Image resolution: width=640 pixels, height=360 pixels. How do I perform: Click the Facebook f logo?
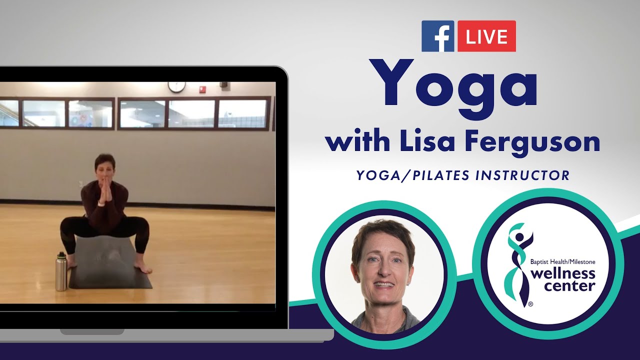click(438, 36)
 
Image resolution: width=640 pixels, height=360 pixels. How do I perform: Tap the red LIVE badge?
click(486, 36)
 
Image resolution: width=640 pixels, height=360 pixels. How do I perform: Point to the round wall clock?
click(176, 86)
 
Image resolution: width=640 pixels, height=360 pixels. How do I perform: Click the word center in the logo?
click(569, 286)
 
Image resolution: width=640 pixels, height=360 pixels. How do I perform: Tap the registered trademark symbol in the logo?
click(530, 303)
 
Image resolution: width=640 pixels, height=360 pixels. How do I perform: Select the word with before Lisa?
click(357, 142)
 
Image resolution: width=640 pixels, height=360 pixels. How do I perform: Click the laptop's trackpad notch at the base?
click(92, 331)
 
